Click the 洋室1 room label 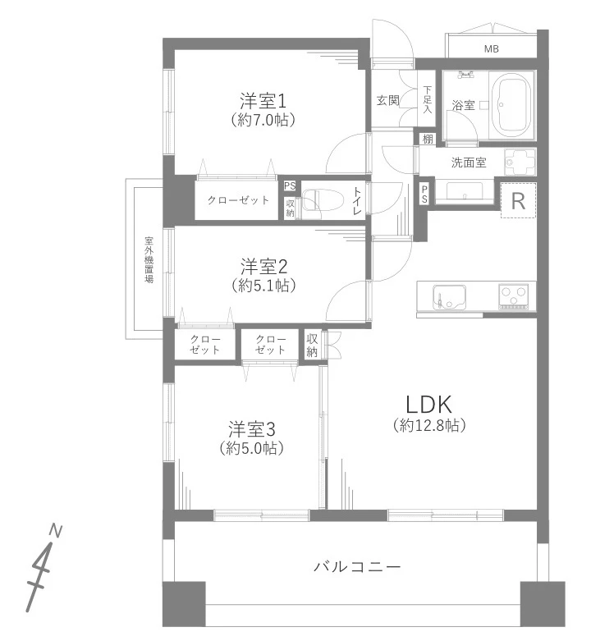point(263,102)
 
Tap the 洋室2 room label point(263,267)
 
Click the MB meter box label point(491,49)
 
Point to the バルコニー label point(357,566)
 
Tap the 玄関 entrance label point(387,101)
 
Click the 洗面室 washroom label point(468,163)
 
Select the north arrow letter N point(56,531)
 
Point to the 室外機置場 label point(149,259)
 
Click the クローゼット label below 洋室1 point(238,200)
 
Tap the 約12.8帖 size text point(429,426)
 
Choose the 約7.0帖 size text point(263,121)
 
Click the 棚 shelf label point(428,140)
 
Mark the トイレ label point(357,201)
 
